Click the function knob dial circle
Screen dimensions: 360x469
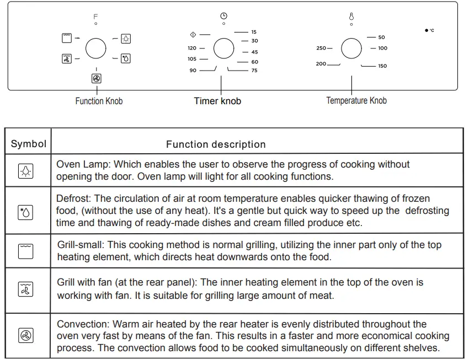click(x=96, y=49)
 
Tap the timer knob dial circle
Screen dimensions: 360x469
click(x=223, y=49)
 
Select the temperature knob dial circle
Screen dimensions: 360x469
click(x=351, y=49)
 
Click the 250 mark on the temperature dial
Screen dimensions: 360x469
click(x=321, y=49)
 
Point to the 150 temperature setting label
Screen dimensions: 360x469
click(x=382, y=66)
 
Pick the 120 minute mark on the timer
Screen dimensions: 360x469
click(x=192, y=49)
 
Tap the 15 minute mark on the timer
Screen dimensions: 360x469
click(x=254, y=32)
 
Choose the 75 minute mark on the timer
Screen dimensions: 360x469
click(x=254, y=71)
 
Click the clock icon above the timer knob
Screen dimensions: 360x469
click(x=223, y=15)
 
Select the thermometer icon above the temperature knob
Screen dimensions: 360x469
click(x=351, y=17)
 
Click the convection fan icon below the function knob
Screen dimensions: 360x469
click(x=97, y=79)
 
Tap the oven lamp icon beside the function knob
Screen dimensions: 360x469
click(x=126, y=39)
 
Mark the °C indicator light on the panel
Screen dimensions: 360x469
click(x=427, y=30)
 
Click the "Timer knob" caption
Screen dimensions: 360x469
click(x=217, y=101)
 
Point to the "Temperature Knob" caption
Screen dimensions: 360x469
click(x=356, y=100)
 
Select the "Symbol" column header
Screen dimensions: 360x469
click(x=29, y=144)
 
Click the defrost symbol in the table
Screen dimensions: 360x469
click(x=26, y=212)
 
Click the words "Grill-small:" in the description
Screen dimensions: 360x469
click(x=83, y=245)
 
